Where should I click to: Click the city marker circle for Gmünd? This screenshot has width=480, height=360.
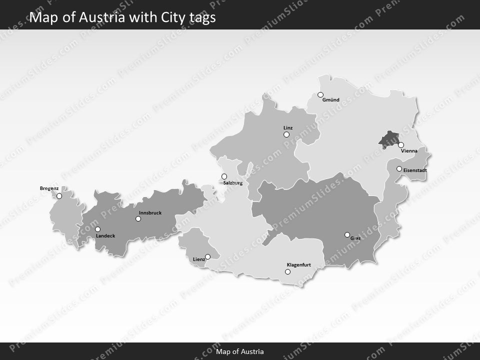coord(320,94)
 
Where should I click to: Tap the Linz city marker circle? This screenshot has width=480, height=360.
coord(286,134)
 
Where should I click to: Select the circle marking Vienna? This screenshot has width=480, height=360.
coord(401,145)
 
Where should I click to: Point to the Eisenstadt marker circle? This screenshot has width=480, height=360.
coord(399,169)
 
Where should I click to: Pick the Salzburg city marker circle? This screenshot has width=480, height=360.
coord(224,176)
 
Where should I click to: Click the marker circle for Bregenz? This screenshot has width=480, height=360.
coord(59,196)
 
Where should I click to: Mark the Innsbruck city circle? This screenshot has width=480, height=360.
coord(138,218)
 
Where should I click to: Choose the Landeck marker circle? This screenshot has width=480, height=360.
coord(97,229)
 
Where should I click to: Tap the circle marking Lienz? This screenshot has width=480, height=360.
coord(208,257)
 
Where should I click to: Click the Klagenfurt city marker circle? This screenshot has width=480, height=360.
coord(287,272)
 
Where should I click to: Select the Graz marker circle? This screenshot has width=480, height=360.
coord(347,234)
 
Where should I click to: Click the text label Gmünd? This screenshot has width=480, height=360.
coord(331,100)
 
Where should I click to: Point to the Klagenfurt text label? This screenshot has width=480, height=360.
coord(299,264)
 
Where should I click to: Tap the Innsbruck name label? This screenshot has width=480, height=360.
coord(150,213)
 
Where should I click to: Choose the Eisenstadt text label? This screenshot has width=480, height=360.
coord(415,170)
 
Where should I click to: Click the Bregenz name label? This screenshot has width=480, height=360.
coord(49,188)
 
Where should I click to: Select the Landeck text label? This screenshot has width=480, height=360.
coord(105,235)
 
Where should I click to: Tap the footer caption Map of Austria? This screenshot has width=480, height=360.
coord(240,351)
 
